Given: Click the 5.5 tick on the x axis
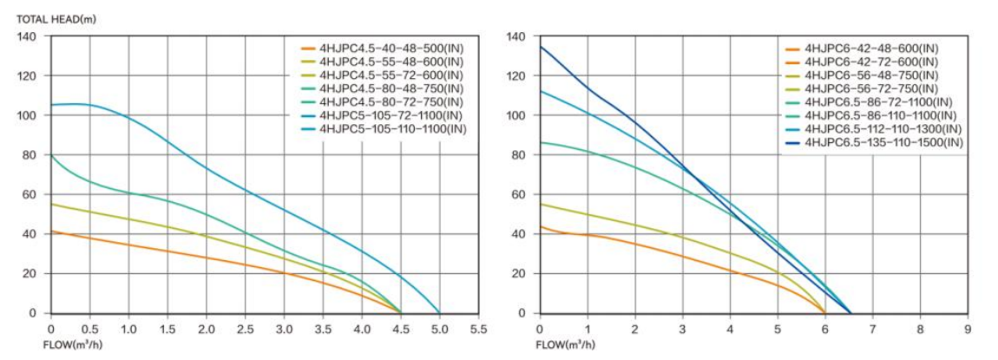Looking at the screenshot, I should point(478,330).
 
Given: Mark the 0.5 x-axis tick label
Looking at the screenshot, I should point(89,330).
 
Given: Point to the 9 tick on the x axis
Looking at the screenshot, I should point(968,330).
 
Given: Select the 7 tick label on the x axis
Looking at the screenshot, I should point(872,330).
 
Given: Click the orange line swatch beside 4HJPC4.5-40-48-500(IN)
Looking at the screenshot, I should point(307,49).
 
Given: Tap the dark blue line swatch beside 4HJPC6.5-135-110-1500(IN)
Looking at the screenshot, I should point(792,142).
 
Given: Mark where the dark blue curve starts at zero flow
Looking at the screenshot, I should point(540,47).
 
